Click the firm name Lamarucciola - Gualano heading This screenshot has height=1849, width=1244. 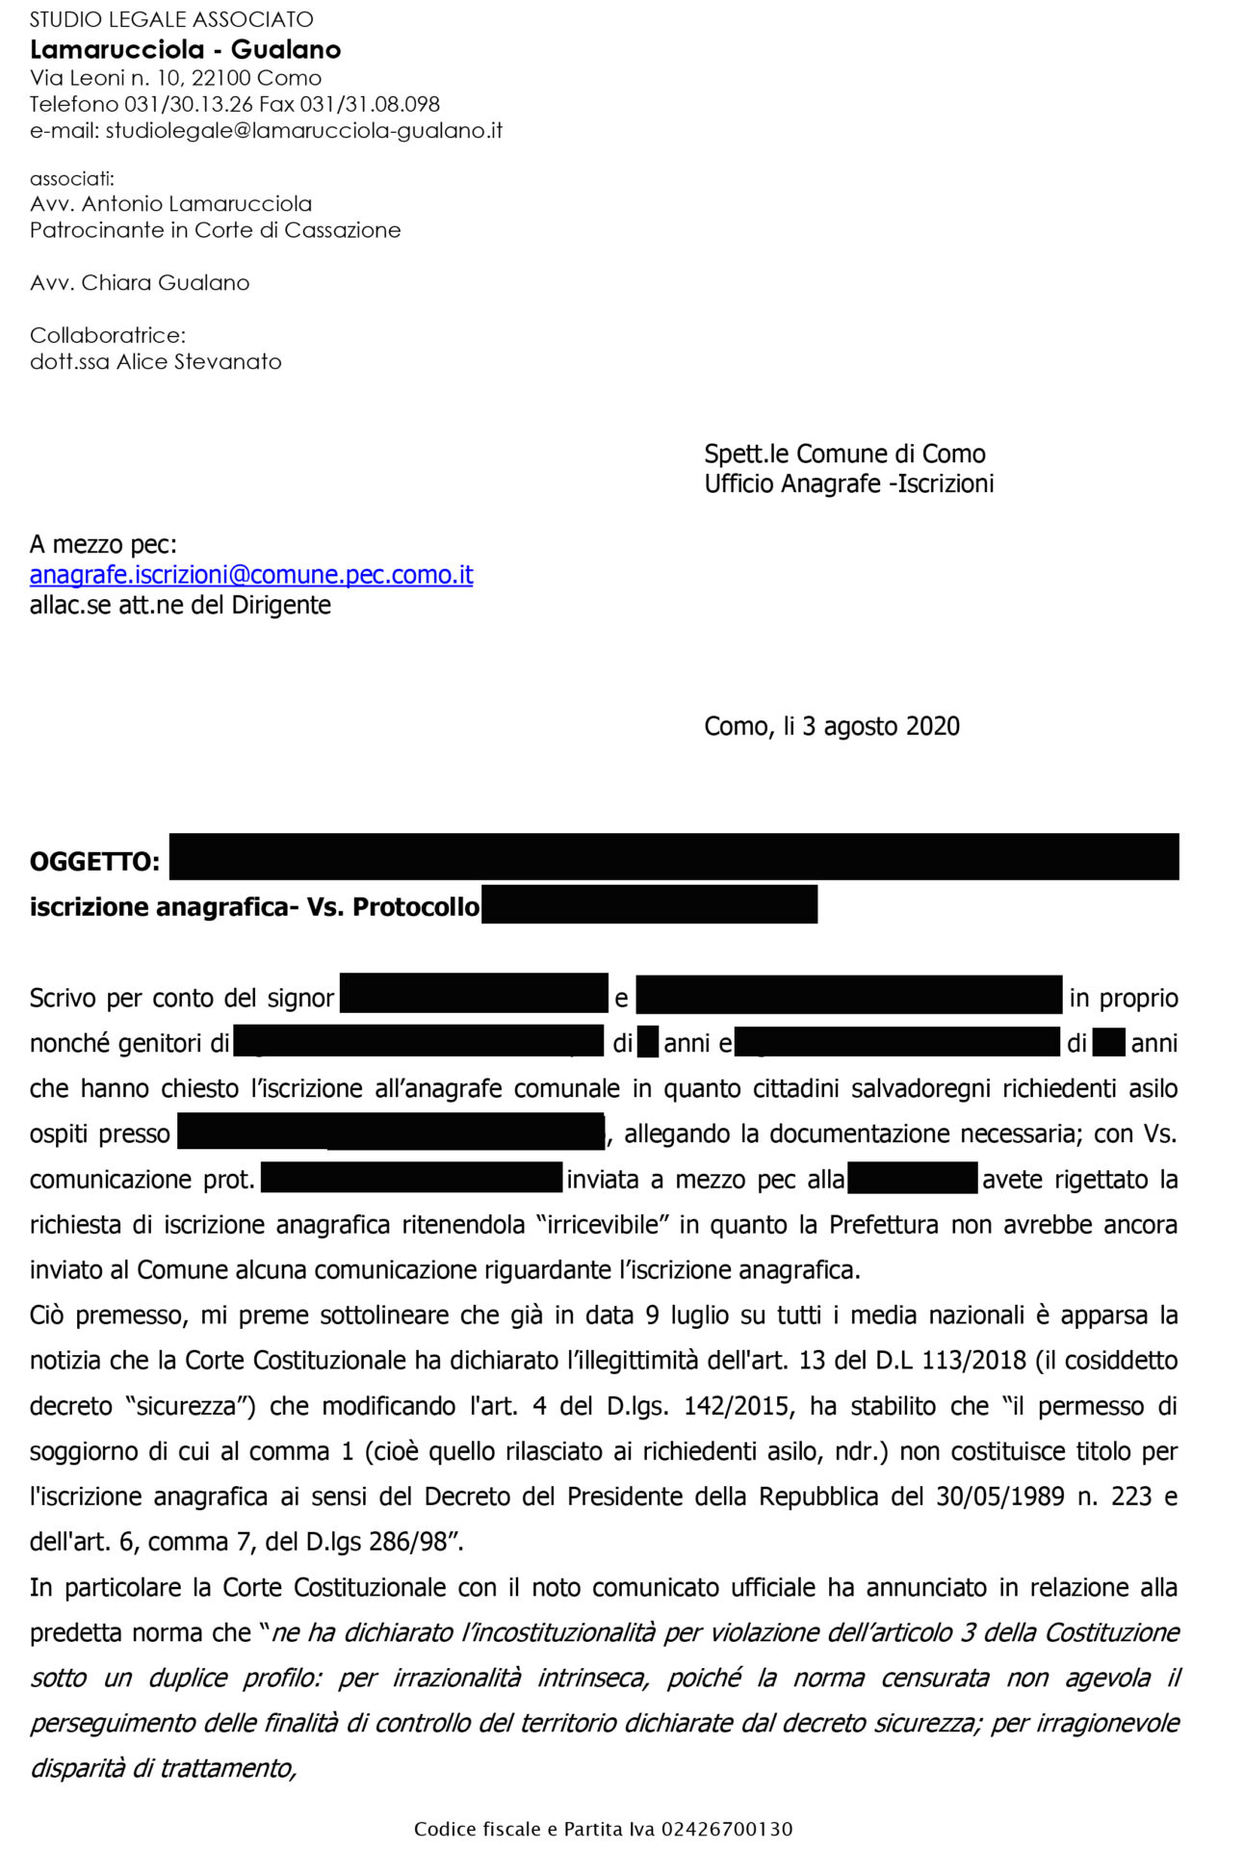185,50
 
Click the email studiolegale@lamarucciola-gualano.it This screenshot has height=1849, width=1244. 303,130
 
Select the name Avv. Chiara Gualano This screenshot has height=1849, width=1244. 140,283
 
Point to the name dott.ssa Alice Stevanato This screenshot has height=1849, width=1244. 156,362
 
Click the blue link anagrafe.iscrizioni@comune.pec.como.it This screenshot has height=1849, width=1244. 251,575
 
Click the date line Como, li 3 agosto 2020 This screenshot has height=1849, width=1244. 832,726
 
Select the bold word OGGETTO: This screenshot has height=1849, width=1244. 94,861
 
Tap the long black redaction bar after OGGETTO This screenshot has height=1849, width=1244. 674,856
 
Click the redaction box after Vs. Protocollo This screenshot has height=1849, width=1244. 649,904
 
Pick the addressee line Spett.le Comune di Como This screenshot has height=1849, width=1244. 844,454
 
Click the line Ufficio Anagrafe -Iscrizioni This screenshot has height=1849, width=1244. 848,483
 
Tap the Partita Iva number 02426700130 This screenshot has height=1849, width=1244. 727,1829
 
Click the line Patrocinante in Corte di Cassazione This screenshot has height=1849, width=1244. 215,230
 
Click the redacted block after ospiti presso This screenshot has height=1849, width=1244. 391,1132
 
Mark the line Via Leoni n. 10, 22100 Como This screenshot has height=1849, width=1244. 175,78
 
